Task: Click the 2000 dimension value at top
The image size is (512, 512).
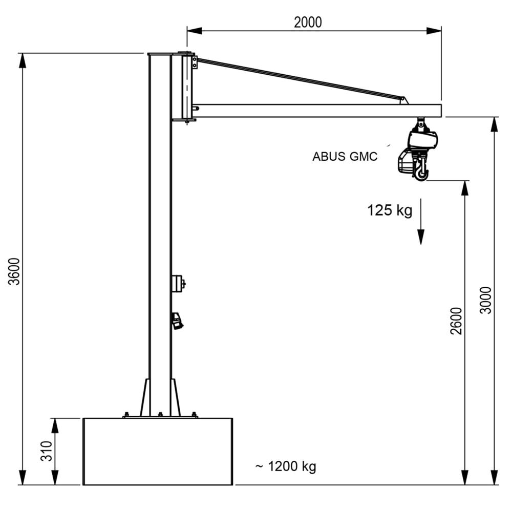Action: pos(308,22)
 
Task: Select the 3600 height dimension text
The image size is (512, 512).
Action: pos(17,271)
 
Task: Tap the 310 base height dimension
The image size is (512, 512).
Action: pos(47,451)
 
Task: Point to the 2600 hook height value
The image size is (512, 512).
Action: pos(456,321)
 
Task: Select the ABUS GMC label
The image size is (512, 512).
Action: pos(345,157)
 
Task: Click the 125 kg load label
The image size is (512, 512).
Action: pos(389,210)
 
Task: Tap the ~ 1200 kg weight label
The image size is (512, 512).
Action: pos(286,466)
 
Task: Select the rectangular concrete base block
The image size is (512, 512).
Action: pos(158,451)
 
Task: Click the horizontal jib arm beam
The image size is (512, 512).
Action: pos(317,111)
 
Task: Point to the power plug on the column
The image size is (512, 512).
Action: pos(177,321)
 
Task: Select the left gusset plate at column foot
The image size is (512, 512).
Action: pos(144,399)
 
